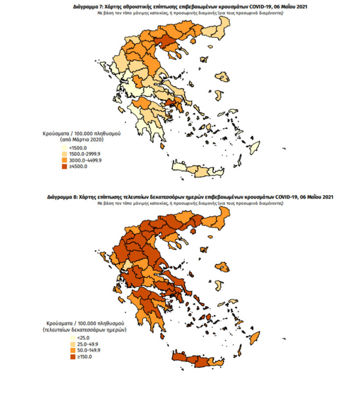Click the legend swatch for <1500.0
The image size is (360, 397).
pyautogui.click(x=65, y=148)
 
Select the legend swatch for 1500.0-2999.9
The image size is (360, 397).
pyautogui.click(x=65, y=154)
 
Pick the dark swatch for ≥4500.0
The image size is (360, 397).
pyautogui.click(x=65, y=166)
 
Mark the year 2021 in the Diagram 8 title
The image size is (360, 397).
pyautogui.click(x=326, y=197)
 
